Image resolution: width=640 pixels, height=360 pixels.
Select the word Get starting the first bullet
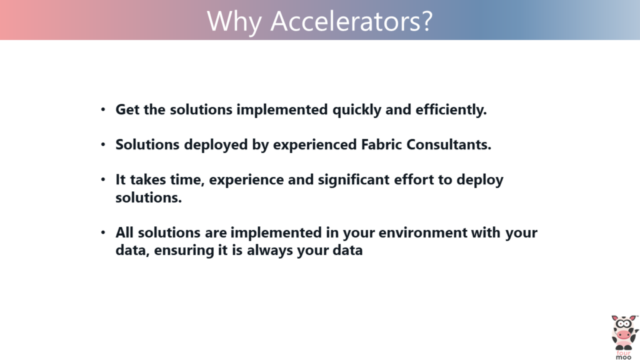click(127, 110)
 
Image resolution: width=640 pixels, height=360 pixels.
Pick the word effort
click(419, 180)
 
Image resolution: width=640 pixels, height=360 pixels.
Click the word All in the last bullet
click(125, 233)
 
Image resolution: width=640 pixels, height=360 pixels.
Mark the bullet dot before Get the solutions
click(103, 110)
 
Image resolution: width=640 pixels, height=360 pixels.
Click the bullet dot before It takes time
click(103, 180)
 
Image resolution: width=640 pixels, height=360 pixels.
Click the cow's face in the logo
click(624, 331)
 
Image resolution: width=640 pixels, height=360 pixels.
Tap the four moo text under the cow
click(624, 354)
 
